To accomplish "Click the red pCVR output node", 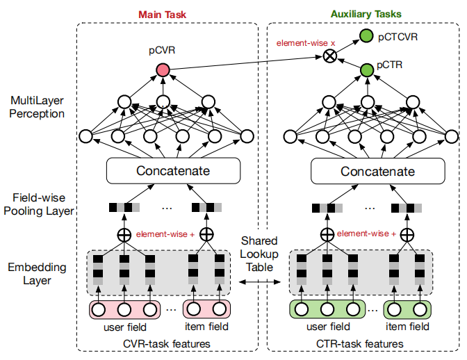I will coord(163,69).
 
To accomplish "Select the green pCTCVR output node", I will coord(366,36).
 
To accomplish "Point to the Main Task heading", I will coord(162,13).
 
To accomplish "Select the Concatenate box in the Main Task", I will coord(172,171).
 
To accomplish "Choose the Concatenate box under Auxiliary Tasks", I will coord(378,171).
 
